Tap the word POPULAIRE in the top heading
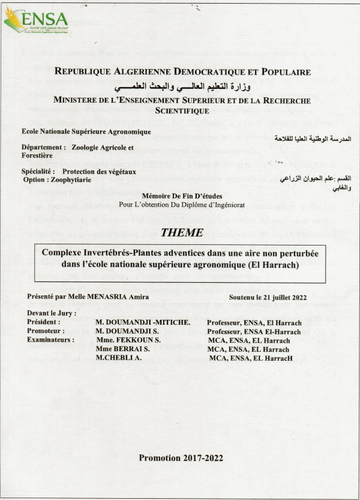281,72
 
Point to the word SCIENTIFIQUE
182,110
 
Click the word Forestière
38,155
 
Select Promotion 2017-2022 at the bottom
181,458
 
